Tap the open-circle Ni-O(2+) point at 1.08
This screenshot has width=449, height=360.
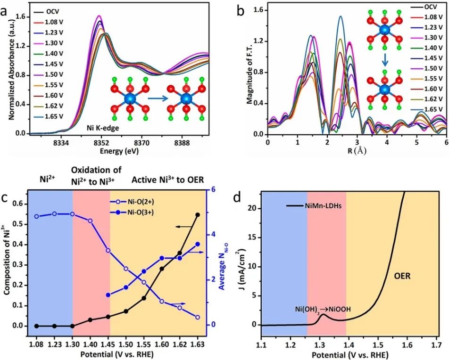pyautogui.click(x=36, y=216)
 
